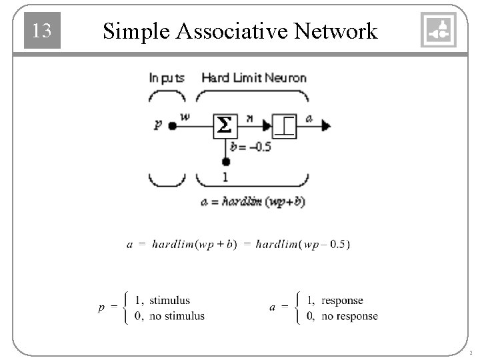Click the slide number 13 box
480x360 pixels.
42,31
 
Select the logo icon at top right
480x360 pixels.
439,30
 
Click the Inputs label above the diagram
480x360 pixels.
166,77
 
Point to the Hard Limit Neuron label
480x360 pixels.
253,77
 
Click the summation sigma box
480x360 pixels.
225,125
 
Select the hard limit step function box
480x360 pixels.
285,125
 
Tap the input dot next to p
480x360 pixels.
173,125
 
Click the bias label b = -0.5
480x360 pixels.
250,147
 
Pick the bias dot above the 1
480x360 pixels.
225,162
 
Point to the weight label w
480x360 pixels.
185,117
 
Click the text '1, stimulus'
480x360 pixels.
162,301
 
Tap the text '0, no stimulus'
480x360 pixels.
169,316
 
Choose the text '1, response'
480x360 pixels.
335,301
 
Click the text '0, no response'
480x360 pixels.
342,316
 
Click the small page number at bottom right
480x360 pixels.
470,353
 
